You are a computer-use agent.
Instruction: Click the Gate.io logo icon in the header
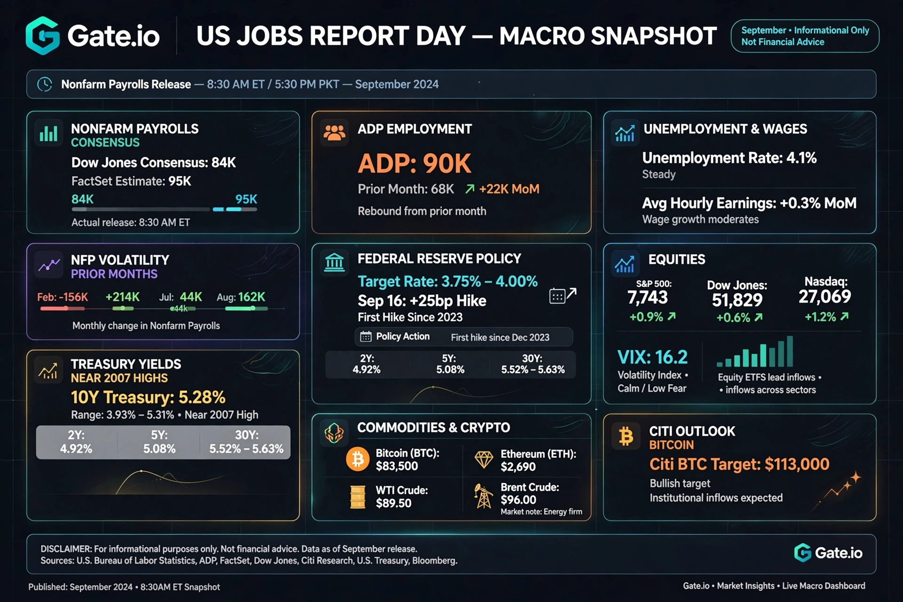(43, 36)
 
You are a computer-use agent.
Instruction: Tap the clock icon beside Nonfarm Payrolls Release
(45, 84)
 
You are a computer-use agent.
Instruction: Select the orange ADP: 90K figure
(414, 163)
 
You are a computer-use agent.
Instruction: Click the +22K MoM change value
(509, 189)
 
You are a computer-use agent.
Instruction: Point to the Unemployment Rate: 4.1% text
(729, 158)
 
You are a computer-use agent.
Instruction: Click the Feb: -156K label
(63, 297)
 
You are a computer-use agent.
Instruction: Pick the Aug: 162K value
(241, 297)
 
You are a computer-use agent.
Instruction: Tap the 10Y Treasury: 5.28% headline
(148, 397)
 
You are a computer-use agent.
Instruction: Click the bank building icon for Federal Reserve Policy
(334, 262)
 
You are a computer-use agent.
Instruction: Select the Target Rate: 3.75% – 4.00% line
(447, 281)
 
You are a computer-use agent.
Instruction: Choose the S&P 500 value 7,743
(647, 297)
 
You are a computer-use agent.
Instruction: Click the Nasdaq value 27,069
(824, 296)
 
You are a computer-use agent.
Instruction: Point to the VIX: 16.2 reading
(652, 357)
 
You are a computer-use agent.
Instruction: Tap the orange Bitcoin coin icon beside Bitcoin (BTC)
(357, 459)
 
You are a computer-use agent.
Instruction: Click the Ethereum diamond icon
(483, 459)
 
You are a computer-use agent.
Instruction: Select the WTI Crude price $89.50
(394, 503)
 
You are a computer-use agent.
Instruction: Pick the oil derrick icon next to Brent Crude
(483, 497)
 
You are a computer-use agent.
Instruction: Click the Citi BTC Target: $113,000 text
(739, 464)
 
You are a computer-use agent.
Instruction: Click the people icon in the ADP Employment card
(334, 133)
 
